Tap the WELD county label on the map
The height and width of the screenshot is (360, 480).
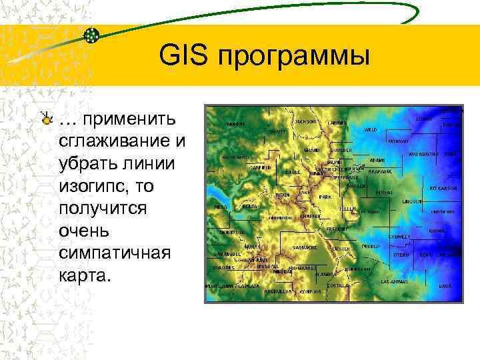tap(371, 129)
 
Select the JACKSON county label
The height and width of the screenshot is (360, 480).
tap(306, 122)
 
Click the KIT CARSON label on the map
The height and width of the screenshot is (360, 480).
tap(442, 188)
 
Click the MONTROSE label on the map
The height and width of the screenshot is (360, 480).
tap(232, 232)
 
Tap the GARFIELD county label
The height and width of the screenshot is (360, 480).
tap(260, 169)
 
